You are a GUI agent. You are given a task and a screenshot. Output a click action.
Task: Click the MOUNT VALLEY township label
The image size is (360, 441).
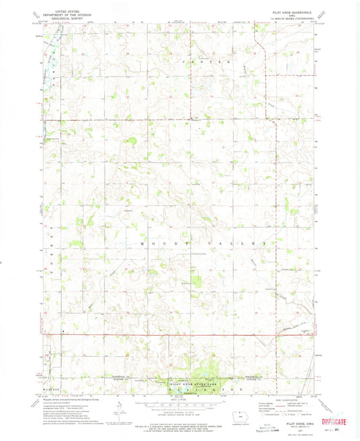click(x=203, y=243)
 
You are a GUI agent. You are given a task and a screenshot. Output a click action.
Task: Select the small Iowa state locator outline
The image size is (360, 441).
click(x=257, y=414)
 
